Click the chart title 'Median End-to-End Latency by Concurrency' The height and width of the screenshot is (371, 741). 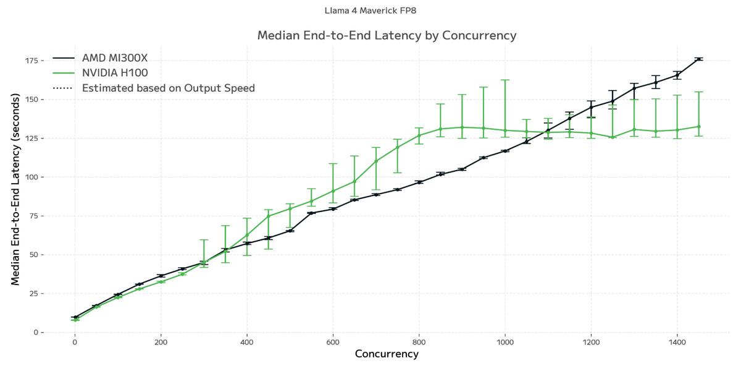[387, 35]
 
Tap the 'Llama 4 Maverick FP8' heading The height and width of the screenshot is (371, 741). [374, 11]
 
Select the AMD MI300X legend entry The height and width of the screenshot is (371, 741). [115, 58]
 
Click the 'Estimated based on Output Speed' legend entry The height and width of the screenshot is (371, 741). [168, 88]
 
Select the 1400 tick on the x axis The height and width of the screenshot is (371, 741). [677, 341]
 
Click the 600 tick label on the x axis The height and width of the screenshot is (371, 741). [333, 341]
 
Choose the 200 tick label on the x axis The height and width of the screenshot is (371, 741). [161, 341]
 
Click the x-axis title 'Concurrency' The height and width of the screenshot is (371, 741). [387, 354]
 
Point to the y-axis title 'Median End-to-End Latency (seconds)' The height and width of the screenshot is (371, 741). [15, 193]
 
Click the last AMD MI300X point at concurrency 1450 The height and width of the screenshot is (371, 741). [698, 59]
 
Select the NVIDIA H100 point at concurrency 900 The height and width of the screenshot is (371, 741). [462, 127]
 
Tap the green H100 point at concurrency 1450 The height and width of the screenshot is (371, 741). [698, 126]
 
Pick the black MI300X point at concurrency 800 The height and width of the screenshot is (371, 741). [419, 182]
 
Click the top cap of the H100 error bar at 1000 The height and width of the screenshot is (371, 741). [505, 80]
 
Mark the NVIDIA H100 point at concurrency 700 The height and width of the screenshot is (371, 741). [376, 161]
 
